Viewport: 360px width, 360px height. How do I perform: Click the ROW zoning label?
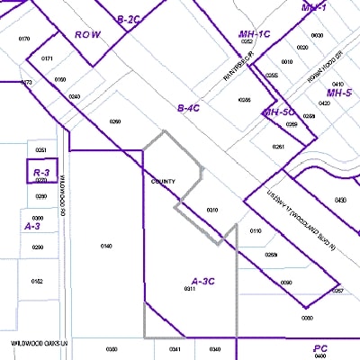tap(87, 35)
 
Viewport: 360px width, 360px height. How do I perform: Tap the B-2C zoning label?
tap(130, 19)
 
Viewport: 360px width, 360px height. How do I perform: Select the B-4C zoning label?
tap(188, 108)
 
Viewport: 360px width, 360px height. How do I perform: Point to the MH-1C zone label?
tap(255, 34)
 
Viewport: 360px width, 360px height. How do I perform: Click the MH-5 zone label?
tap(338, 93)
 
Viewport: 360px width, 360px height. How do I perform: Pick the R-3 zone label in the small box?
tap(40, 172)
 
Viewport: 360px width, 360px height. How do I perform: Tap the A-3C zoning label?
tap(203, 281)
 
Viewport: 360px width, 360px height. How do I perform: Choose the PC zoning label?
tap(320, 347)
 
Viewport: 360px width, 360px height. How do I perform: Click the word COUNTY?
tap(163, 182)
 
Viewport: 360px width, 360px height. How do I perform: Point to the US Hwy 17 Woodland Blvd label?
tap(305, 220)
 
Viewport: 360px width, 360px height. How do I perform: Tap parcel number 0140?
tap(106, 246)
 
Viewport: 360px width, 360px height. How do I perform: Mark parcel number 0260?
tap(114, 121)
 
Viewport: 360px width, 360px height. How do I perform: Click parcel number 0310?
tap(212, 210)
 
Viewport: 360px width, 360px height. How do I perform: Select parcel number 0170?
tap(24, 39)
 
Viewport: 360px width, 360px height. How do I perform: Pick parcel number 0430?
tap(340, 200)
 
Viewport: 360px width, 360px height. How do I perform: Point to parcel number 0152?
tap(37, 281)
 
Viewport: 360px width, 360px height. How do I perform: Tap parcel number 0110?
tap(256, 231)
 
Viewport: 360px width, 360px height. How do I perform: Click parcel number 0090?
tap(286, 283)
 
